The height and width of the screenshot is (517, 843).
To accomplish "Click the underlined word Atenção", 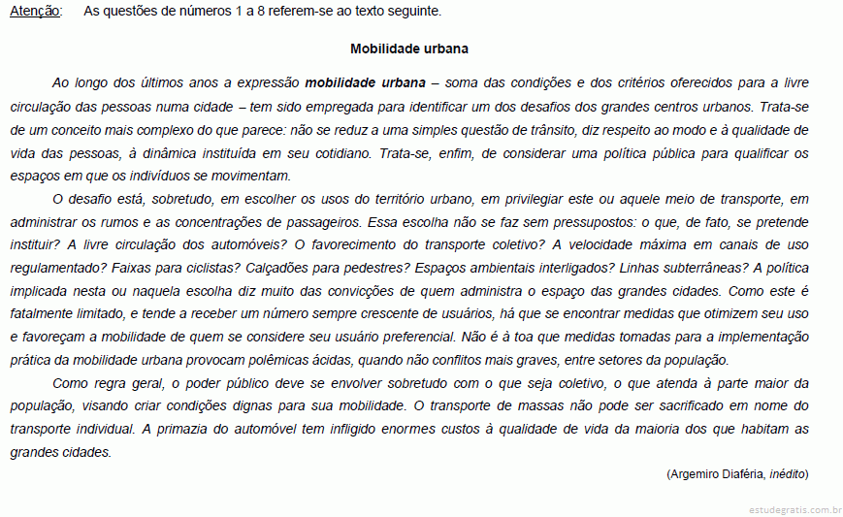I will [35, 12].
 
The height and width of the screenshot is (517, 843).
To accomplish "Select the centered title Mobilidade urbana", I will [408, 48].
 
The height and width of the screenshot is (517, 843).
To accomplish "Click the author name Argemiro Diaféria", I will [717, 474].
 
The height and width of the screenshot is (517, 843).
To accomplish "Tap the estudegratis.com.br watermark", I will [794, 509].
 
